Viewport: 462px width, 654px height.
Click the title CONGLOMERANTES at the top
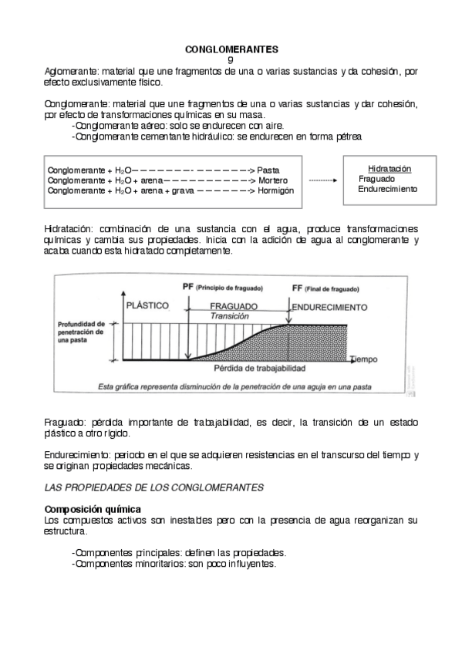pos(231,49)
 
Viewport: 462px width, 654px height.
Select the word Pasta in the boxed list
pos(268,169)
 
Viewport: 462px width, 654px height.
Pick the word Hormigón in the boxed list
pos(275,190)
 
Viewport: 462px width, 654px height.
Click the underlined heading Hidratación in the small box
pos(389,167)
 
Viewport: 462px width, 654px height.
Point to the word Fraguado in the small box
pos(377,178)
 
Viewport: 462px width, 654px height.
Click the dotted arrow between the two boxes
pos(323,179)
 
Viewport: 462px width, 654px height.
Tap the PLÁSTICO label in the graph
pos(147,305)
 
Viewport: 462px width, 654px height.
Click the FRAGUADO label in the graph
pos(232,306)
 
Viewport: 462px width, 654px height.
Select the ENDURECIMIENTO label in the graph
pos(329,306)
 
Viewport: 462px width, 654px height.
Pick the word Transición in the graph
pos(232,316)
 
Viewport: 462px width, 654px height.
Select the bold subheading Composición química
pos(93,510)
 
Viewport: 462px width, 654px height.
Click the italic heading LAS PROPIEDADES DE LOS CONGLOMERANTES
pos(154,487)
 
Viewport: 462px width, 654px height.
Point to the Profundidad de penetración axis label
pos(79,332)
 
